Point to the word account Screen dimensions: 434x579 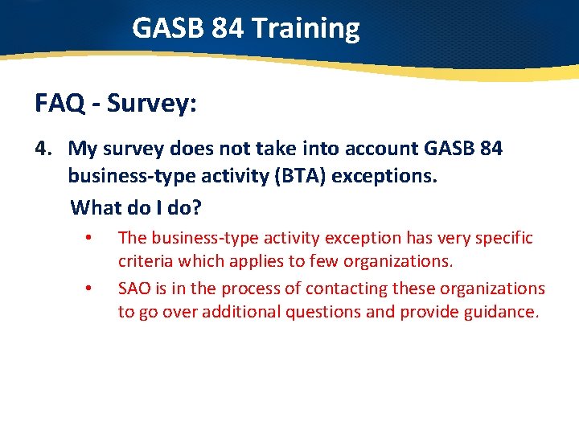pyautogui.click(x=370, y=149)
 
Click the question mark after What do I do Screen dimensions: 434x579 pyautogui.click(x=197, y=208)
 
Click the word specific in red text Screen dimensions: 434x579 pyautogui.click(x=503, y=238)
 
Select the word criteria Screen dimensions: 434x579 pyautogui.click(x=146, y=261)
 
